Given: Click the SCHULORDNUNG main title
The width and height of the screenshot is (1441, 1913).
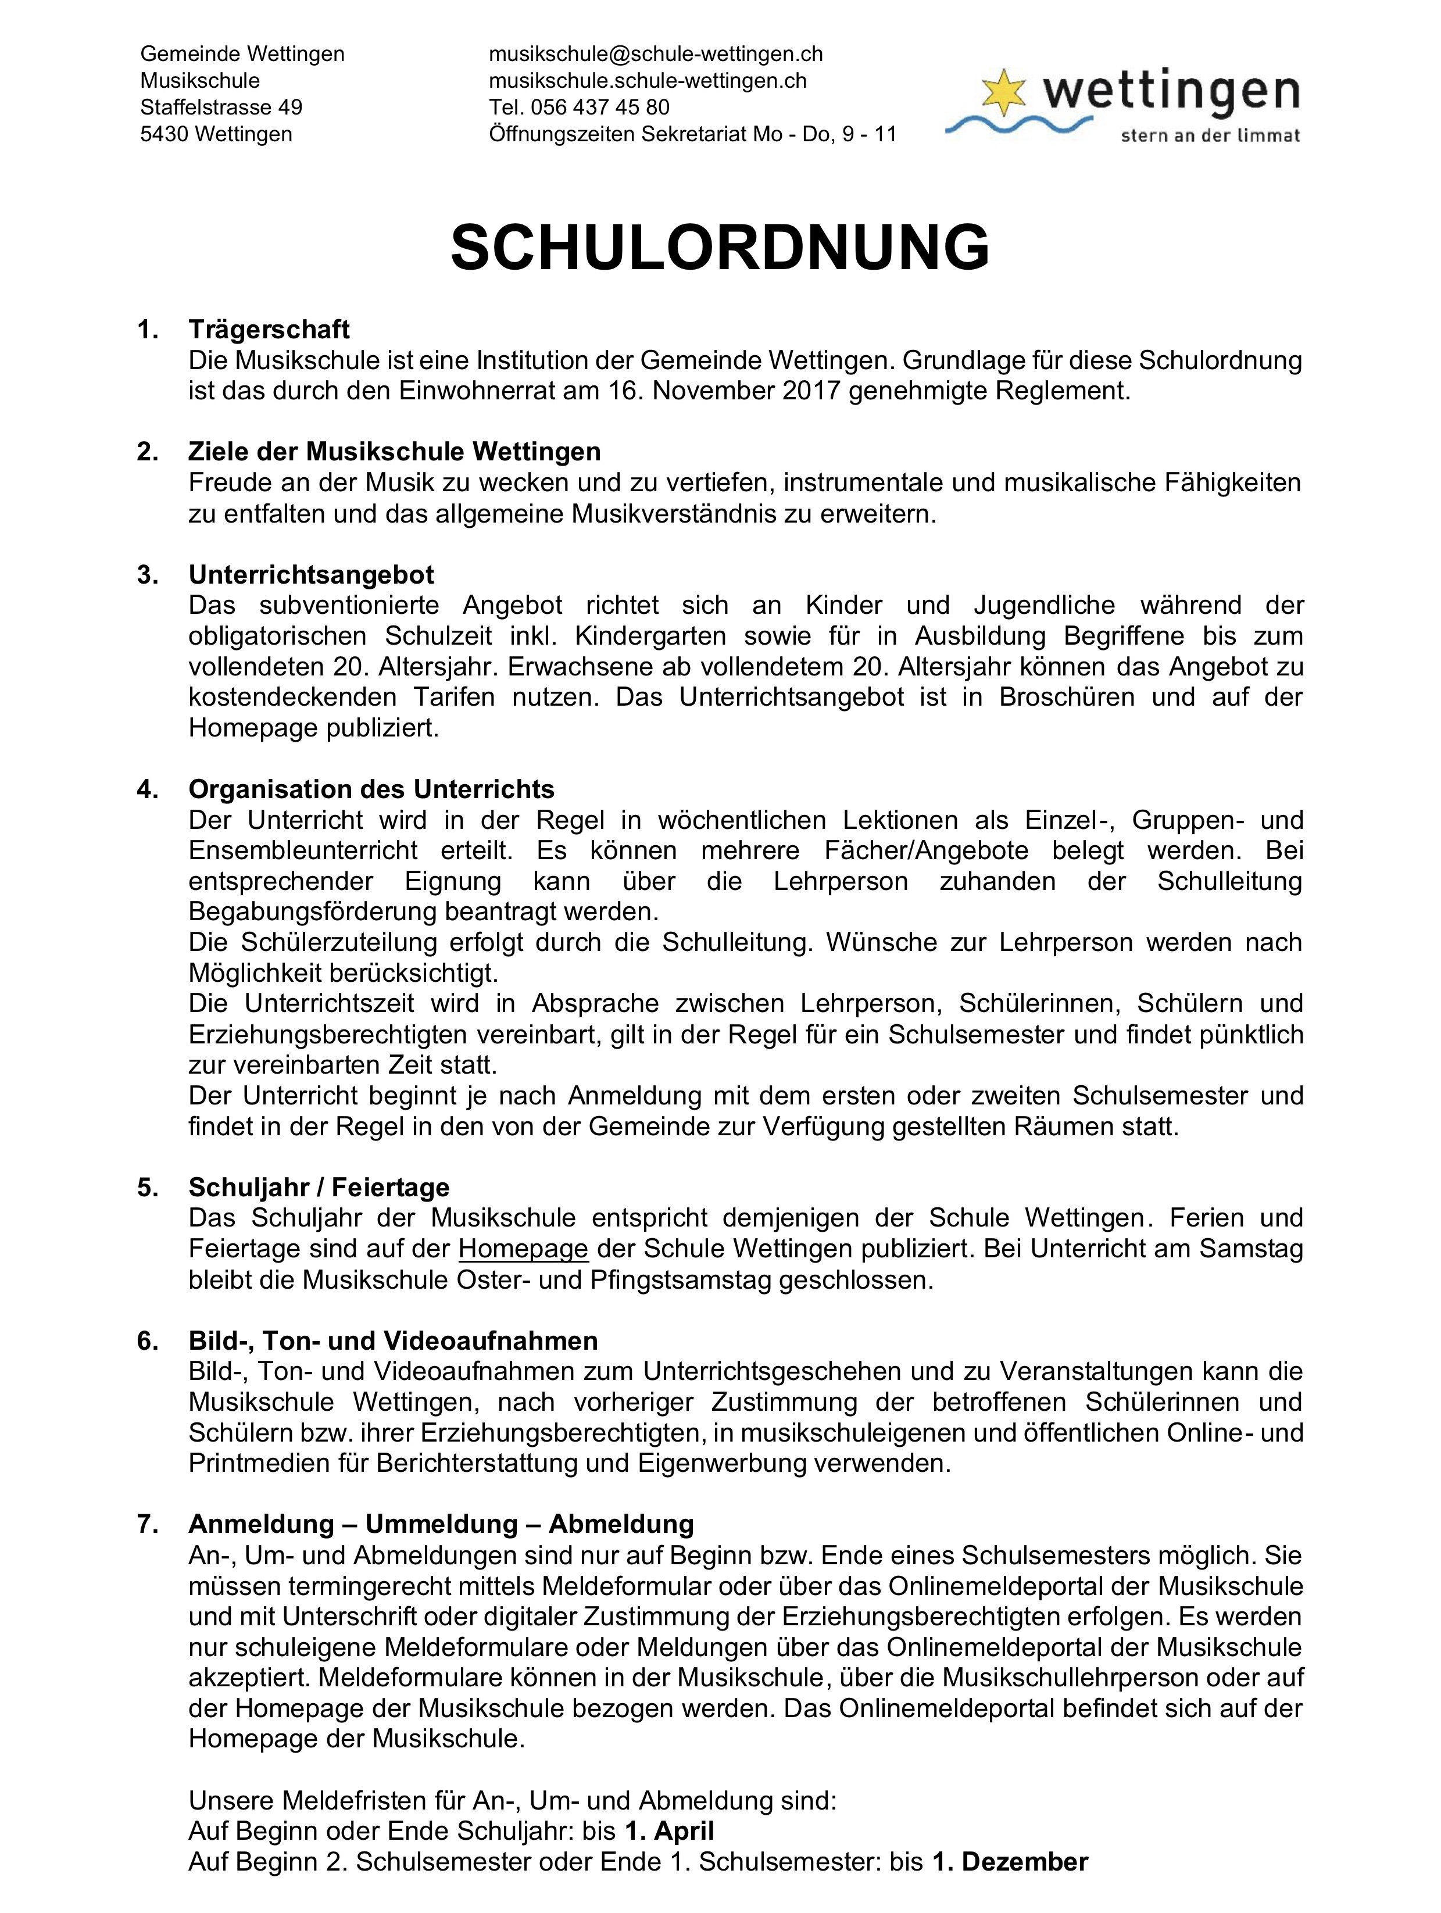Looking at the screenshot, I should tap(720, 248).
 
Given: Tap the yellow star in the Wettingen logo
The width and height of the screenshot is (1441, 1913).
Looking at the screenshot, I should tap(1003, 92).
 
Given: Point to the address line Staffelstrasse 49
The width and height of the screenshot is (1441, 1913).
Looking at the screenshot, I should tap(221, 107).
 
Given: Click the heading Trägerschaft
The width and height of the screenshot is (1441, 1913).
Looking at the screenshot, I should tap(269, 330).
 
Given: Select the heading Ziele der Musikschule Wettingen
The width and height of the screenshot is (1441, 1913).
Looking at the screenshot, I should tap(395, 452).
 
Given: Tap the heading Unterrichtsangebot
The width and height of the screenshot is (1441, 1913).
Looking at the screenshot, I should tap(312, 574).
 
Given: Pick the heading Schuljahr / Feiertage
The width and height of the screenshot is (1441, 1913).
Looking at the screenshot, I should tap(319, 1188).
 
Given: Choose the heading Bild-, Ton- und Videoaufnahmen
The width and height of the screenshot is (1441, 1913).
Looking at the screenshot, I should tap(394, 1340).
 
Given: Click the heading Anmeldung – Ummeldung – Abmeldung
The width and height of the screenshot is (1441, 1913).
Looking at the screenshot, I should tap(441, 1523).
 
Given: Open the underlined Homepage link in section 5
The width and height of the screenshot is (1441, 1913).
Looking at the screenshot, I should tap(523, 1249).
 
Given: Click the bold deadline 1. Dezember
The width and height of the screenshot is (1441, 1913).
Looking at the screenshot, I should tap(1009, 1861).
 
